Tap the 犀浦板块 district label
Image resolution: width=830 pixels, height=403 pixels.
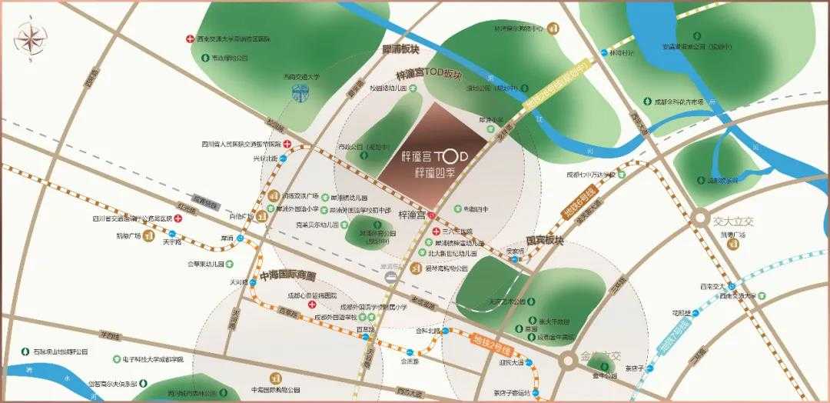(400, 49)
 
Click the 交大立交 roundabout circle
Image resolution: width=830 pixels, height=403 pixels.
(700, 219)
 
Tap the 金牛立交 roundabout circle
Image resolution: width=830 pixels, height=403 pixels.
(569, 359)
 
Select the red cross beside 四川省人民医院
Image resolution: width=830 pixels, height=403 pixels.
(286, 144)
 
